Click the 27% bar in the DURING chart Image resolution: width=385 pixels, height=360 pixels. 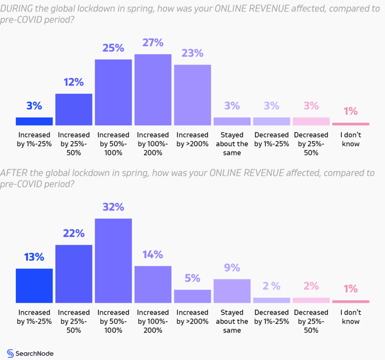152,89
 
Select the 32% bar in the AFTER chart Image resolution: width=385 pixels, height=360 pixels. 113,261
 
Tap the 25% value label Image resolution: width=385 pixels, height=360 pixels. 113,48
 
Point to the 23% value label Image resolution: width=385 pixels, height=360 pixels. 192,53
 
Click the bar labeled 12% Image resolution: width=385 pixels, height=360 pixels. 73,109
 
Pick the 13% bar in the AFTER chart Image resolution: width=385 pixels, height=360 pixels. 34,286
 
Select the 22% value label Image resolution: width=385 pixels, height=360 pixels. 73,233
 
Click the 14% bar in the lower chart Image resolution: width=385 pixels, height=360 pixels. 152,284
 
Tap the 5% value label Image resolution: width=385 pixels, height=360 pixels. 192,278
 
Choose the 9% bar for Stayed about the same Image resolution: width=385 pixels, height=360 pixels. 232,291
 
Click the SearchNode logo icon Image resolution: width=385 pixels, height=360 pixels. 10,353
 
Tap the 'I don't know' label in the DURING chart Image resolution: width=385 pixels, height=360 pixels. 351,139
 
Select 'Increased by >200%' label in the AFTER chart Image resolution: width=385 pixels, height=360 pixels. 192,317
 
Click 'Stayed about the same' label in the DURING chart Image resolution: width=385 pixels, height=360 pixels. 232,144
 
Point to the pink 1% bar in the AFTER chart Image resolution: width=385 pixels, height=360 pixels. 350,301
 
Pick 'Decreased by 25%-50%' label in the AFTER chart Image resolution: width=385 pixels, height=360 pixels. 311,321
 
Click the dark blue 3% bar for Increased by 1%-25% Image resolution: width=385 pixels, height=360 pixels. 34,121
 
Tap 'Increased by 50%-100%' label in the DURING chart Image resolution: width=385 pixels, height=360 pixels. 113,144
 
